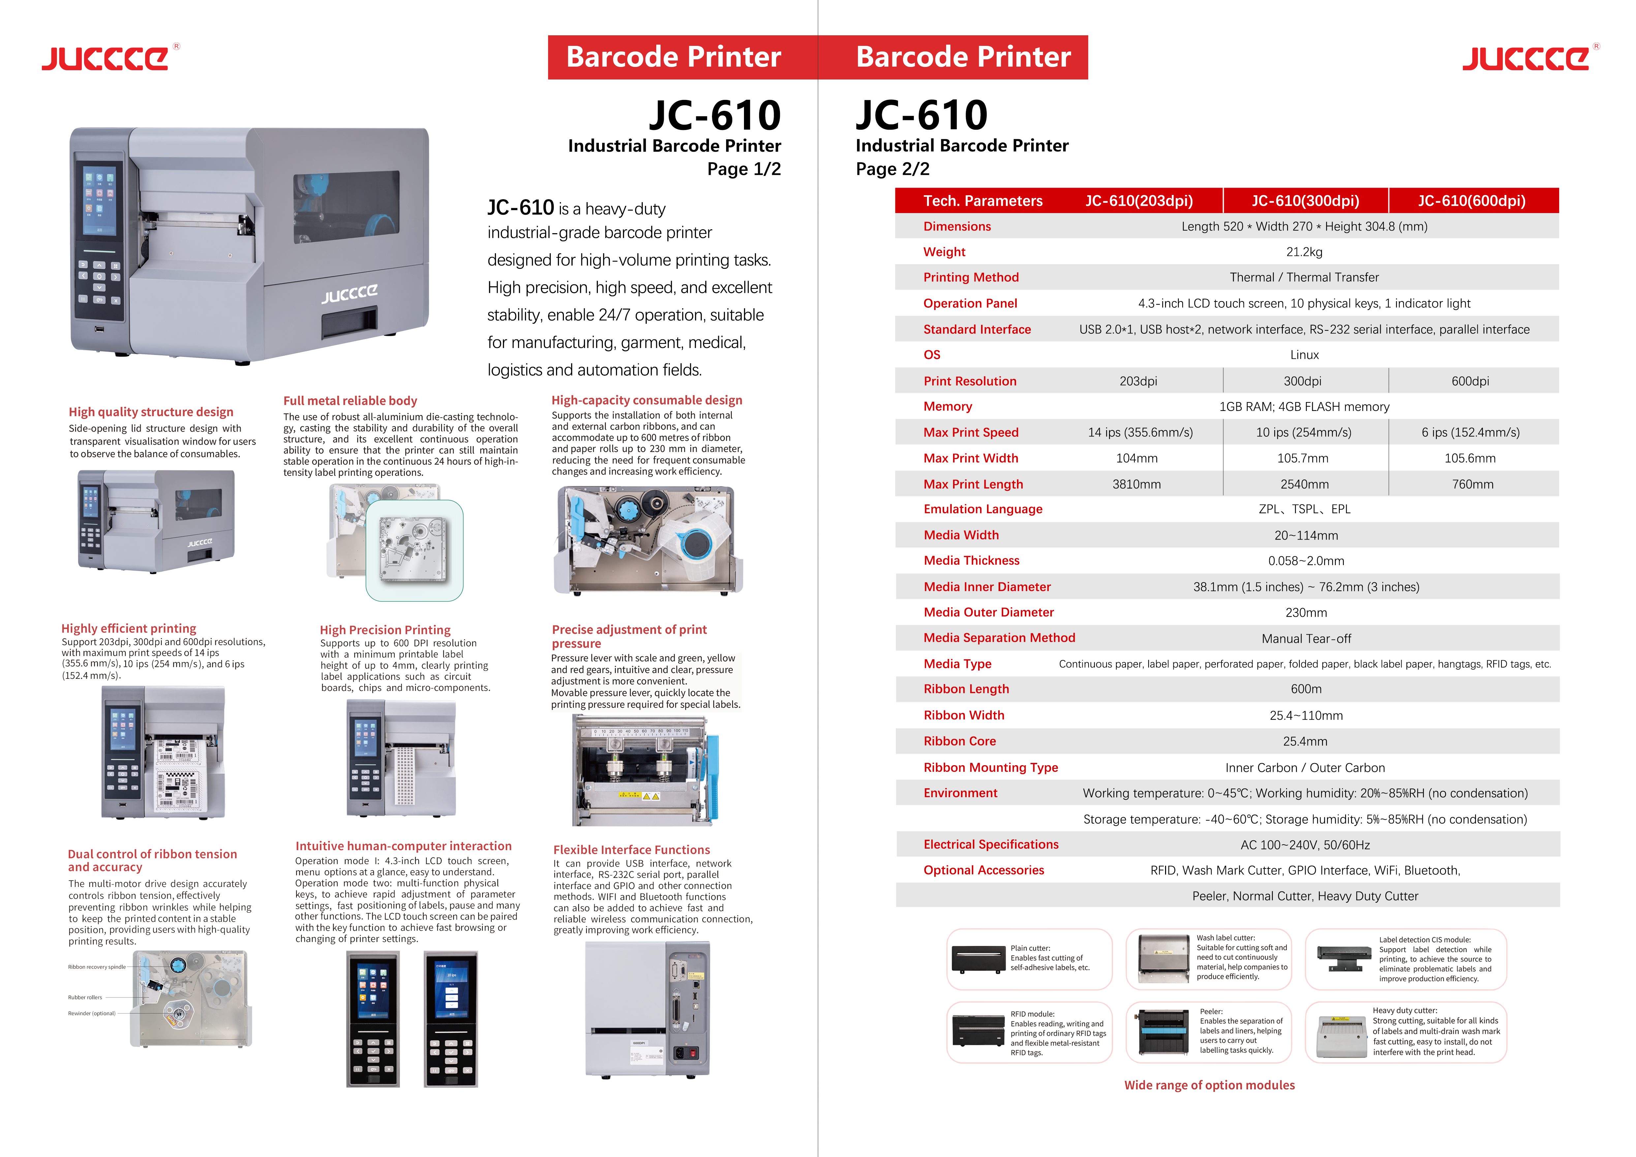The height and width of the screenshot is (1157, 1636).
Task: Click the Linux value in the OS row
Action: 1304,355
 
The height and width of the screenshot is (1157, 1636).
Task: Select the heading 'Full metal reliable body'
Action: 350,401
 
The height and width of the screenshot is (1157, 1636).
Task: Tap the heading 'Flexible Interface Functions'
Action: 631,850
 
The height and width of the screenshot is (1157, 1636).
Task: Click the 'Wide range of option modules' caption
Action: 1209,1085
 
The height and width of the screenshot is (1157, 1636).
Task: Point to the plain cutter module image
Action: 977,960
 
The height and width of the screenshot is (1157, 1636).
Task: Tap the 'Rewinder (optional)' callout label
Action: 91,1013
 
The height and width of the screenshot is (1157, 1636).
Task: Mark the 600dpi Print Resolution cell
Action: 1470,381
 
